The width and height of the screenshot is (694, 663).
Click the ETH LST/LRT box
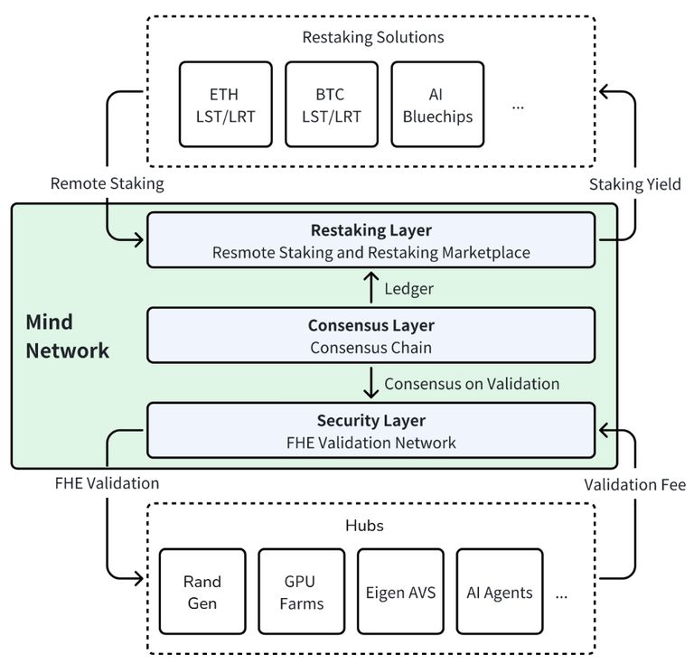click(225, 104)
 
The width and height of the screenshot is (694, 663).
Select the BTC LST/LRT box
click(331, 104)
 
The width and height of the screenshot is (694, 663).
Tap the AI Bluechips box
click(437, 104)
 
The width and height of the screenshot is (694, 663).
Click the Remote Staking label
click(108, 184)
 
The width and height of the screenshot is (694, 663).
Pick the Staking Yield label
click(635, 184)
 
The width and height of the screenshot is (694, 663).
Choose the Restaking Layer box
click(370, 240)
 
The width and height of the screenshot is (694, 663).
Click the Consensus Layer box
click(370, 336)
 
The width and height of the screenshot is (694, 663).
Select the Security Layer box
click(370, 431)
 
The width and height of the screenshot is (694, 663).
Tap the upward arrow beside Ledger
click(370, 289)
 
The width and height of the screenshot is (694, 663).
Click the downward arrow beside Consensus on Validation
click(370, 383)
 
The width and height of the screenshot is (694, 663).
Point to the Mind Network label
click(67, 337)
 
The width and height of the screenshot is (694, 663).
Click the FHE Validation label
click(107, 483)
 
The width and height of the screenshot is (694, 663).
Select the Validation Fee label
click(634, 485)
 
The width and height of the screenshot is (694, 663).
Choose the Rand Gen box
click(202, 592)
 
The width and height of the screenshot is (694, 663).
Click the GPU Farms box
click(302, 592)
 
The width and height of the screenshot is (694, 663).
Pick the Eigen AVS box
click(400, 592)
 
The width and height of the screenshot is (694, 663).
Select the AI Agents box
click(500, 592)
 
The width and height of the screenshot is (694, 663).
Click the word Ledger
click(408, 289)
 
